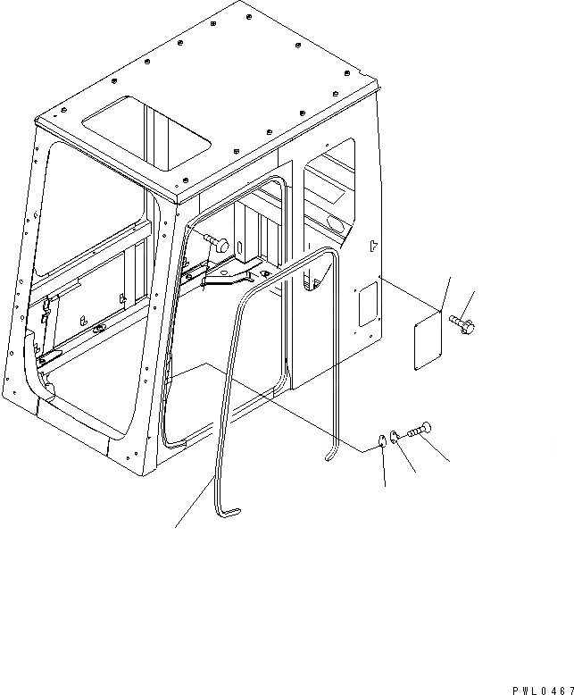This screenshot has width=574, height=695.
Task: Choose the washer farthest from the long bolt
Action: [x=381, y=440]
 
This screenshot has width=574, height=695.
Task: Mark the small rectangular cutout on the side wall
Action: [x=367, y=304]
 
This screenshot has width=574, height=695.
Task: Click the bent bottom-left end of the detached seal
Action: [x=229, y=512]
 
